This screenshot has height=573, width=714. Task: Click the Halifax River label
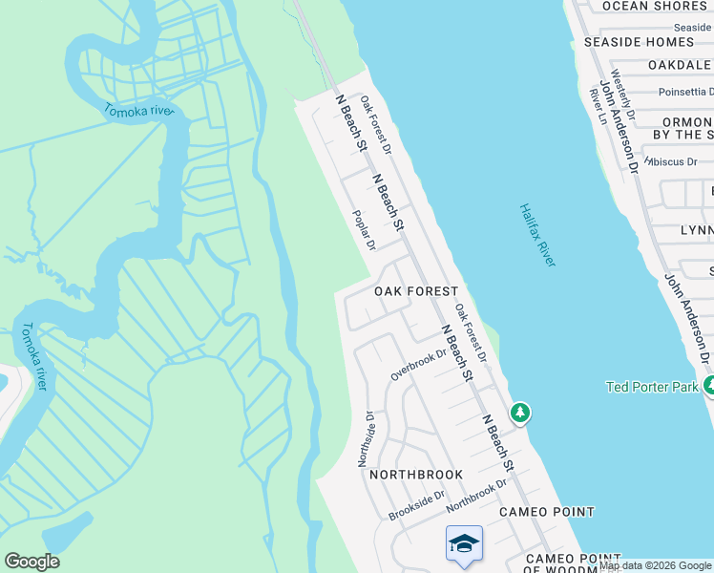coord(538,235)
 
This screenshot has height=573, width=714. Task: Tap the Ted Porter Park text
coord(652,387)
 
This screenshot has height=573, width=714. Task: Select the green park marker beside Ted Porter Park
coord(709,386)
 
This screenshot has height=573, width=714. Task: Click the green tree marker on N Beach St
coord(519,413)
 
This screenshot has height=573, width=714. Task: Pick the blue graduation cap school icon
coord(464,543)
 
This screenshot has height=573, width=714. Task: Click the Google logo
coord(31,562)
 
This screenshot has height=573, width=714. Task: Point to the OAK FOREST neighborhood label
coord(415,291)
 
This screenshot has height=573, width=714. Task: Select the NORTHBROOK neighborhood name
coord(416,475)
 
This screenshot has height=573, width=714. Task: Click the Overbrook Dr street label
coord(418,365)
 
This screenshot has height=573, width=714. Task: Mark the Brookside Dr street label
coord(416,506)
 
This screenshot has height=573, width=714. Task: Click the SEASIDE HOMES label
coord(639,42)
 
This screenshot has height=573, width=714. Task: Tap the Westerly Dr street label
coord(620,90)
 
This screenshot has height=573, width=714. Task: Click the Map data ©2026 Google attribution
coord(656,566)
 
